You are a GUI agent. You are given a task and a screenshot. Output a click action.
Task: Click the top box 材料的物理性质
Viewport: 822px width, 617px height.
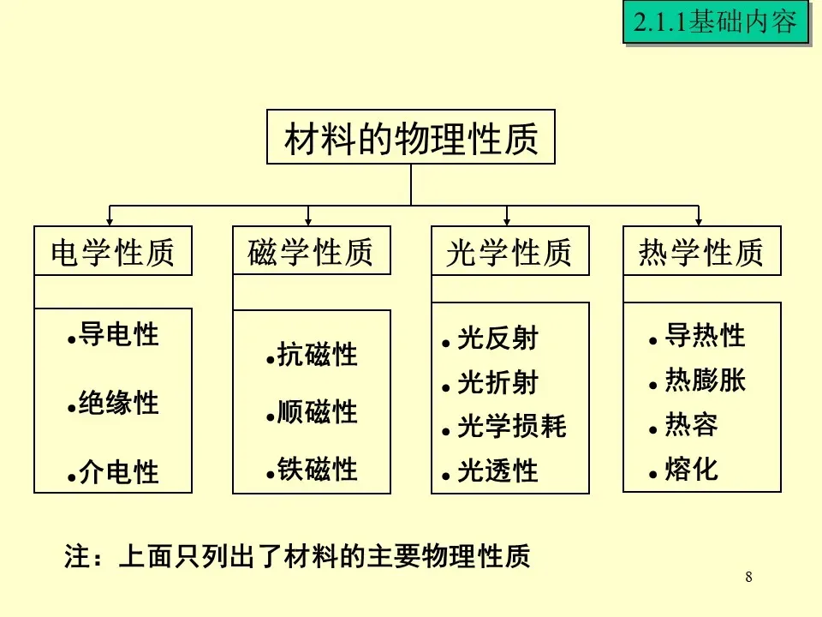click(x=410, y=137)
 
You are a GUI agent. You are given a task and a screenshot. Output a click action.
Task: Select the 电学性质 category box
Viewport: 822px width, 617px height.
click(x=113, y=251)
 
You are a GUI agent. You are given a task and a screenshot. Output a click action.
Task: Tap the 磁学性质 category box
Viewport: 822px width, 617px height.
click(x=311, y=250)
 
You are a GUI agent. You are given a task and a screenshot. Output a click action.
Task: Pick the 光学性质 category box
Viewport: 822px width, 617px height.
click(x=509, y=251)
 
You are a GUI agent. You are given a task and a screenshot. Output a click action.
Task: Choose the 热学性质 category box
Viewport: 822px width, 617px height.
click(x=701, y=251)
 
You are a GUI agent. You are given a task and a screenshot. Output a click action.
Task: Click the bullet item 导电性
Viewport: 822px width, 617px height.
click(x=118, y=334)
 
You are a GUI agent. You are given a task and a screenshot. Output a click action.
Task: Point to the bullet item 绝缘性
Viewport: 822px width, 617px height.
click(x=118, y=403)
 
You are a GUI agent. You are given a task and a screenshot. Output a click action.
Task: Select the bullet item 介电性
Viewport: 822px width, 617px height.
click(x=118, y=471)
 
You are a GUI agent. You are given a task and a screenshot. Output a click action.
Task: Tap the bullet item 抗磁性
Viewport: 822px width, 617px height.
click(x=317, y=355)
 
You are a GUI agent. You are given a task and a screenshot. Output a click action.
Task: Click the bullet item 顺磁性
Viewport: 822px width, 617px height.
click(x=317, y=412)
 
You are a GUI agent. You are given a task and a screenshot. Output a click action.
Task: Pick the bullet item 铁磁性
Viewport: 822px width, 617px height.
click(x=317, y=470)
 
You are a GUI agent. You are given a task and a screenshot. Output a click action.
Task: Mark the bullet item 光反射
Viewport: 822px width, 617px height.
click(x=497, y=339)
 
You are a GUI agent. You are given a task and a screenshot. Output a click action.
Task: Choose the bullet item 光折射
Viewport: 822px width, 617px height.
click(x=497, y=383)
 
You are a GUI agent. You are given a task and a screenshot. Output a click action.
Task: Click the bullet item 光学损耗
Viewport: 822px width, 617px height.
click(x=511, y=427)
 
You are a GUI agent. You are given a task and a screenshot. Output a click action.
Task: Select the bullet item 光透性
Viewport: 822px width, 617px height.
click(x=497, y=470)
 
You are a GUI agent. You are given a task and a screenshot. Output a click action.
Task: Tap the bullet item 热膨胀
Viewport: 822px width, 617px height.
click(x=705, y=380)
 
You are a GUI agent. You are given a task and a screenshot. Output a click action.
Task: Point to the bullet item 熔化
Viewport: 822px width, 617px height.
click(x=691, y=469)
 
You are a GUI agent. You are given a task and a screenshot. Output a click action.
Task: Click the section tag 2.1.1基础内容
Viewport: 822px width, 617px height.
click(x=716, y=22)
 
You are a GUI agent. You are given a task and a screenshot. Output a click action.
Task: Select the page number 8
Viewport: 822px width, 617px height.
click(x=749, y=577)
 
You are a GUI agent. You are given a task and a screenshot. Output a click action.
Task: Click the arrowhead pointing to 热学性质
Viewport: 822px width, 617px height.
click(x=699, y=221)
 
